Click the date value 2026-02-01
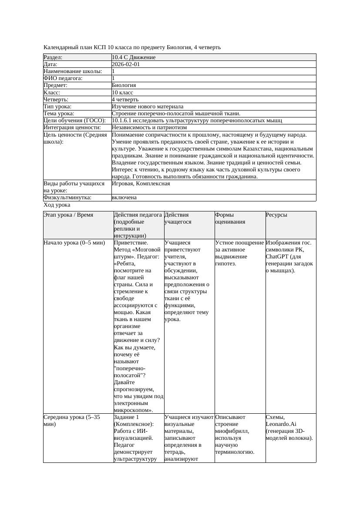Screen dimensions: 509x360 pos(126,64)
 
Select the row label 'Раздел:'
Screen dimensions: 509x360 pos(53,57)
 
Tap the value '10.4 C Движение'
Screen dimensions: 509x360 pos(134,57)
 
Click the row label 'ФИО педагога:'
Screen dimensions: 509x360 pos(63,78)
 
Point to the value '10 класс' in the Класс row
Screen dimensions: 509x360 pos(122,92)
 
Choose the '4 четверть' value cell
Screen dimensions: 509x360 pos(125,99)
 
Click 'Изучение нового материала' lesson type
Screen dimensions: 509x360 pos(148,106)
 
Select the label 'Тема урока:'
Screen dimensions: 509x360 pos(59,113)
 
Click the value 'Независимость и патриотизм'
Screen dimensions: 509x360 pos(149,127)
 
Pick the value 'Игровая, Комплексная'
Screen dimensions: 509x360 pos(141,184)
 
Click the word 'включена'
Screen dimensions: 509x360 pos(124,198)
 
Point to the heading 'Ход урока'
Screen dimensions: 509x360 pos(57,205)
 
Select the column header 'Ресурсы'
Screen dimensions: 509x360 pos(276,215)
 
